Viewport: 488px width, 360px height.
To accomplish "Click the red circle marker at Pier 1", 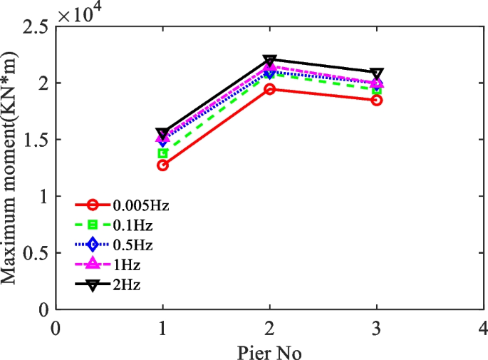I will click(x=162, y=165).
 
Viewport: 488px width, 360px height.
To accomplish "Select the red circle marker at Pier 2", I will click(x=269, y=89).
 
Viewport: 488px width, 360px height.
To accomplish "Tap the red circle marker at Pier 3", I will click(x=376, y=101).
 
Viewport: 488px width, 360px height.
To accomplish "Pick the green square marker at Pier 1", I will click(x=162, y=153).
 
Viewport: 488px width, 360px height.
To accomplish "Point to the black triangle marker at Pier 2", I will click(x=269, y=61).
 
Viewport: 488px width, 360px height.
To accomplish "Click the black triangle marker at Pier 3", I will click(x=376, y=73).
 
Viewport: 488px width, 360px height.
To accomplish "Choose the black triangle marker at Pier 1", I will click(x=162, y=133).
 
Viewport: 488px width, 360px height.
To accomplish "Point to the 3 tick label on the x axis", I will click(x=376, y=329).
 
